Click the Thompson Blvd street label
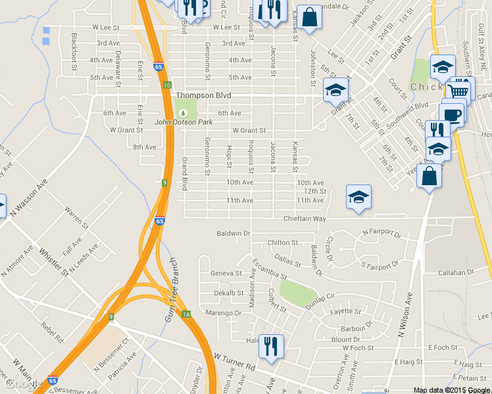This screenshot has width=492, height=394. click(x=203, y=95)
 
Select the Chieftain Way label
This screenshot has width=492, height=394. click(x=305, y=218)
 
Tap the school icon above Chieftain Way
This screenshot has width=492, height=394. click(x=358, y=197)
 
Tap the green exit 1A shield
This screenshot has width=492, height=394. click(x=186, y=315)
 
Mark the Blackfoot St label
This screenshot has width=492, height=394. click(x=74, y=50)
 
